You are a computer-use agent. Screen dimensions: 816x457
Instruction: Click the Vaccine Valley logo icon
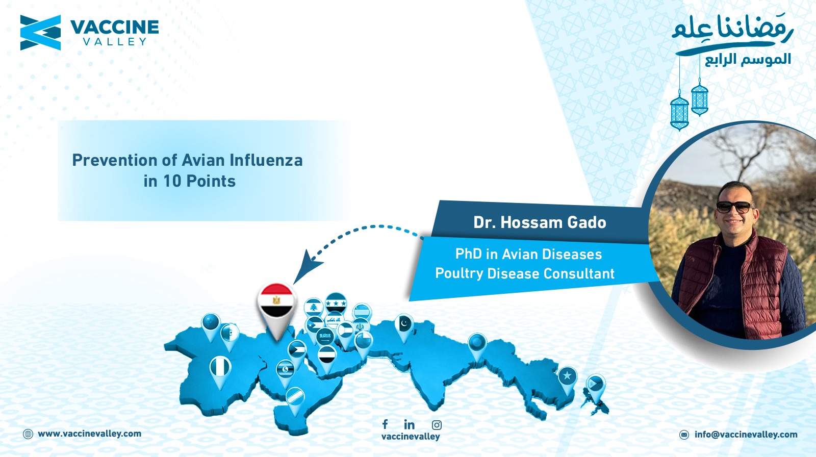pos(40,33)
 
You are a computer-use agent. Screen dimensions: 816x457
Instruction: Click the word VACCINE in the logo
pos(114,28)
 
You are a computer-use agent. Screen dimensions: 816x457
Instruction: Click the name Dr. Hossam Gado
pos(540,222)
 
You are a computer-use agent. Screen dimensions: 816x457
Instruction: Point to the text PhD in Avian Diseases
pos(528,254)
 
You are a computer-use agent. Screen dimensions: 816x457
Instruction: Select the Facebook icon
pos(385,424)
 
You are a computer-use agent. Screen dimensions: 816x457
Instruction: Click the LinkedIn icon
pos(409,424)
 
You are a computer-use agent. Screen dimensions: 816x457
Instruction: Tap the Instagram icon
pos(437,425)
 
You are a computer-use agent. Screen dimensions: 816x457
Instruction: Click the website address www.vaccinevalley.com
pos(90,434)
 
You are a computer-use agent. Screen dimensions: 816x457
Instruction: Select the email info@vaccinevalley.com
pos(746,435)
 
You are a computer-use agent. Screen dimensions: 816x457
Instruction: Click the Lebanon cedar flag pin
pos(313,309)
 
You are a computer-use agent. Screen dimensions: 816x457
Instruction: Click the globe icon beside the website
pos(28,434)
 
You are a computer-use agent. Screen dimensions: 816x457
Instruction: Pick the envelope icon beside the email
pos(684,435)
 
